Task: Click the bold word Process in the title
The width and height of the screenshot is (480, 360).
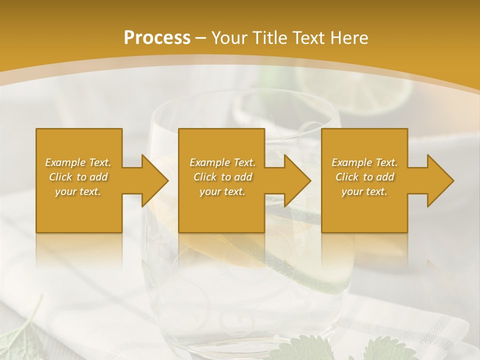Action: click(x=157, y=37)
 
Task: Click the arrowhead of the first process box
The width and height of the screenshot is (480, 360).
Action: click(x=153, y=180)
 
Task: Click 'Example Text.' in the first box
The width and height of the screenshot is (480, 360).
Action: click(x=78, y=162)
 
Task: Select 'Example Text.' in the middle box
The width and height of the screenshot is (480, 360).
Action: click(x=222, y=162)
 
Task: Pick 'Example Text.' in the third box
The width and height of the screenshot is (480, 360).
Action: click(x=364, y=162)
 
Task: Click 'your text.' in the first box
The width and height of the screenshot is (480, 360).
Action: click(x=78, y=191)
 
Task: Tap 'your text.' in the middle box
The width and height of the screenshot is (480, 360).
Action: click(x=222, y=191)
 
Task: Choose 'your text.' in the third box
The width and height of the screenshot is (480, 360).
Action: click(x=364, y=191)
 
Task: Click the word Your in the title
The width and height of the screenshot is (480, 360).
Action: click(x=227, y=37)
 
